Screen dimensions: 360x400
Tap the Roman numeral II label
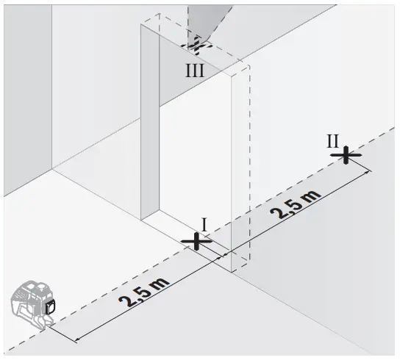[x=334, y=140]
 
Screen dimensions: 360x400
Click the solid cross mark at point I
[x=196, y=240]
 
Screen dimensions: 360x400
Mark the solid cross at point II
[x=345, y=155]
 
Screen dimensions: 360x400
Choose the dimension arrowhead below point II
[x=368, y=172]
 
